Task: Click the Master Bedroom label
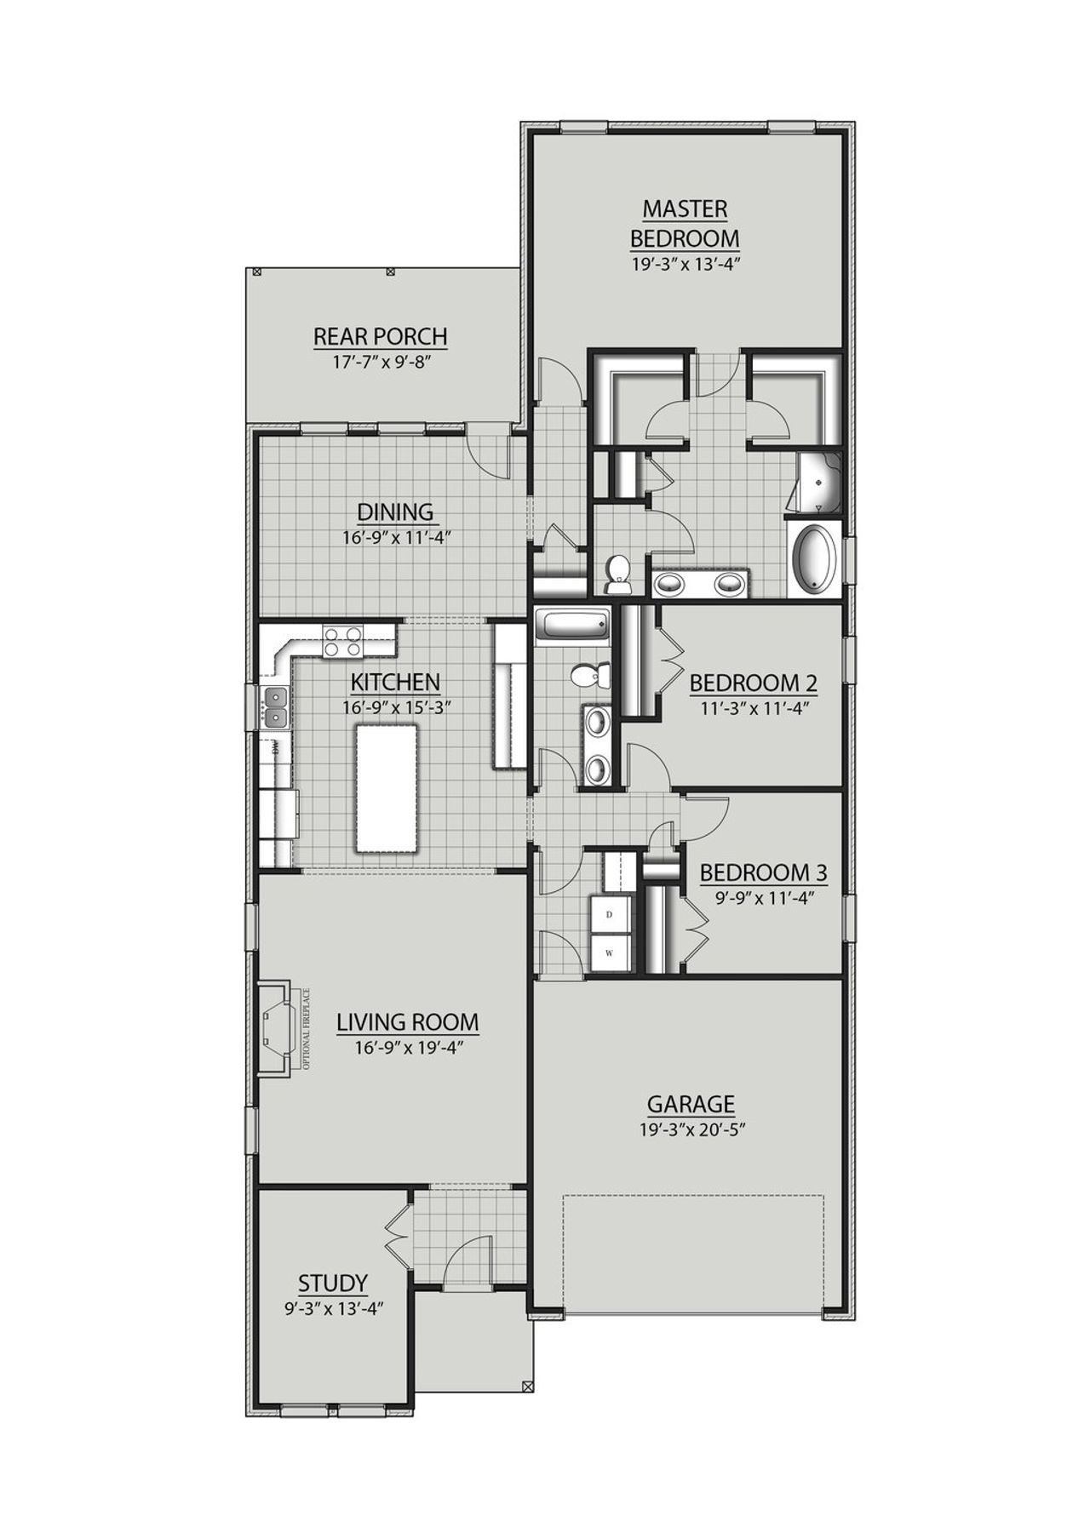(685, 223)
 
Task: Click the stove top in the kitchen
(342, 641)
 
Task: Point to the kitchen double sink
(275, 708)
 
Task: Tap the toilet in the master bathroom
(617, 575)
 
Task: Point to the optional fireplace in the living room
(276, 1027)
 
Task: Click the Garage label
(691, 1105)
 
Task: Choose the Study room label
(333, 1283)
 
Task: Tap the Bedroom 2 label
(753, 683)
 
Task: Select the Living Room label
(407, 1022)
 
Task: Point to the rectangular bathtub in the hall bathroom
(572, 626)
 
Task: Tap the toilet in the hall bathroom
(590, 676)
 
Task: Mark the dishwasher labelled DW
(276, 749)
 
